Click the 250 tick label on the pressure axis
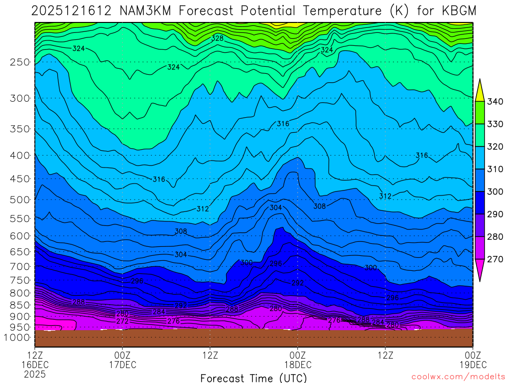pyautogui.click(x=19, y=62)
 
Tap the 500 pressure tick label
pyautogui.click(x=19, y=200)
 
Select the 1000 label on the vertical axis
pyautogui.click(x=18, y=338)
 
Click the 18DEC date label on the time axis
pyautogui.click(x=298, y=365)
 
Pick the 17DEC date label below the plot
pyautogui.click(x=123, y=365)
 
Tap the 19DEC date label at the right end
pyautogui.click(x=472, y=365)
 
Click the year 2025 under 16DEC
pyautogui.click(x=35, y=374)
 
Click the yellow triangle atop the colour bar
pyautogui.click(x=480, y=91)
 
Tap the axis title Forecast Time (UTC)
pyautogui.click(x=254, y=378)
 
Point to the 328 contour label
pyautogui.click(x=217, y=38)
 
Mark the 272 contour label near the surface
pyautogui.click(x=123, y=321)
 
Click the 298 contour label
pyautogui.click(x=275, y=263)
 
